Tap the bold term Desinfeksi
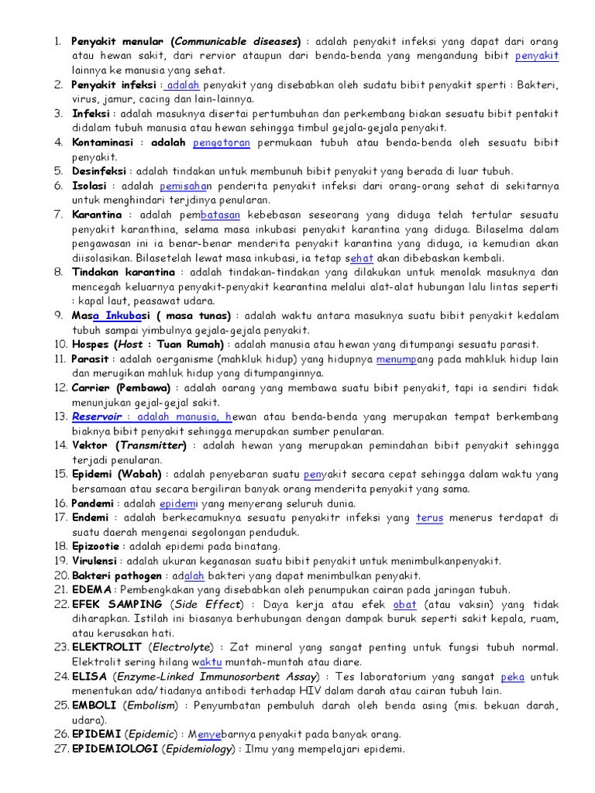point(100,171)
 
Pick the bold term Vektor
point(91,445)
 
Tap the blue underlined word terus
point(429,517)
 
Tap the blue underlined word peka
point(513,676)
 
